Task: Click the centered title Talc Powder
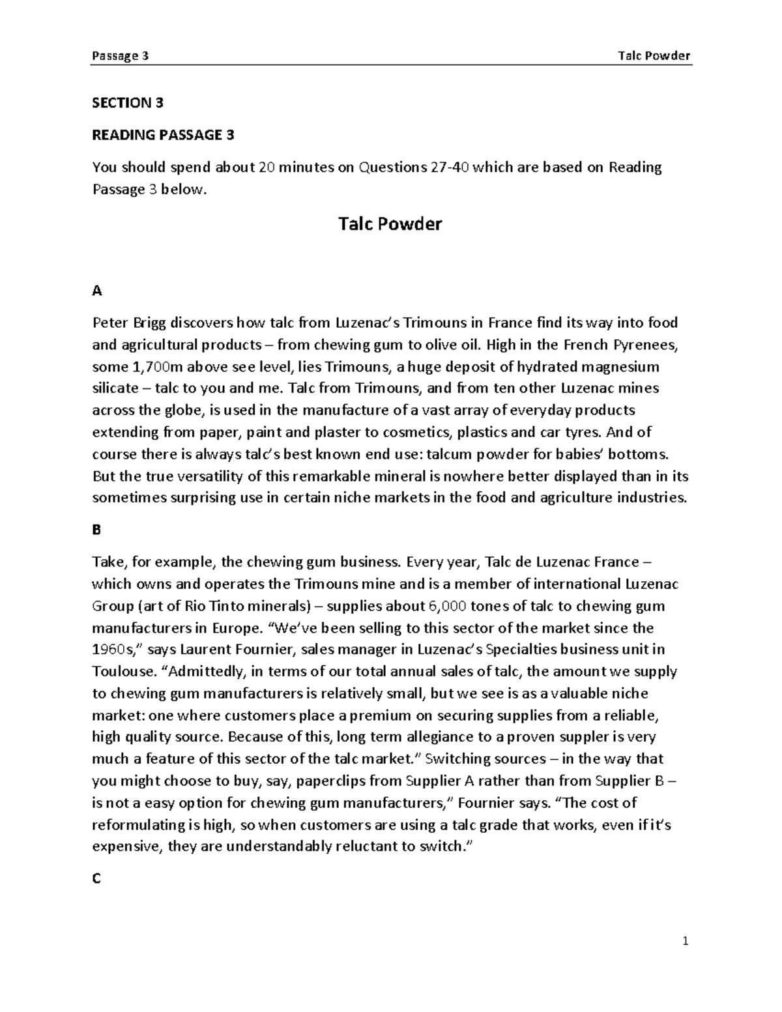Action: [390, 224]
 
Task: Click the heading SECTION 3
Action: [128, 103]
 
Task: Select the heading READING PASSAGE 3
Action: [163, 135]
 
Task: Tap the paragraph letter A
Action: [97, 291]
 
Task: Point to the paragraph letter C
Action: [96, 878]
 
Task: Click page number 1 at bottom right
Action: [685, 941]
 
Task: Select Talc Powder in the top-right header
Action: [654, 55]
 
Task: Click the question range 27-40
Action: [449, 167]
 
